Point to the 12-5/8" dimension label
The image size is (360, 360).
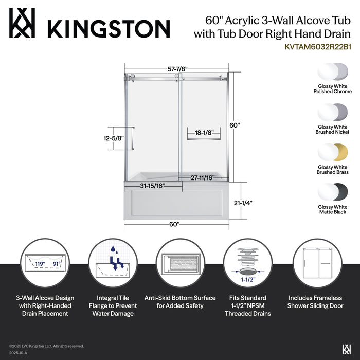(113, 138)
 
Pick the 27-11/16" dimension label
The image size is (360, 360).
(202, 177)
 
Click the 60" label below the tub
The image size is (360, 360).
(174, 224)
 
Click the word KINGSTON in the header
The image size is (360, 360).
(109, 28)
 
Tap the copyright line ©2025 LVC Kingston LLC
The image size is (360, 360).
(46, 346)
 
